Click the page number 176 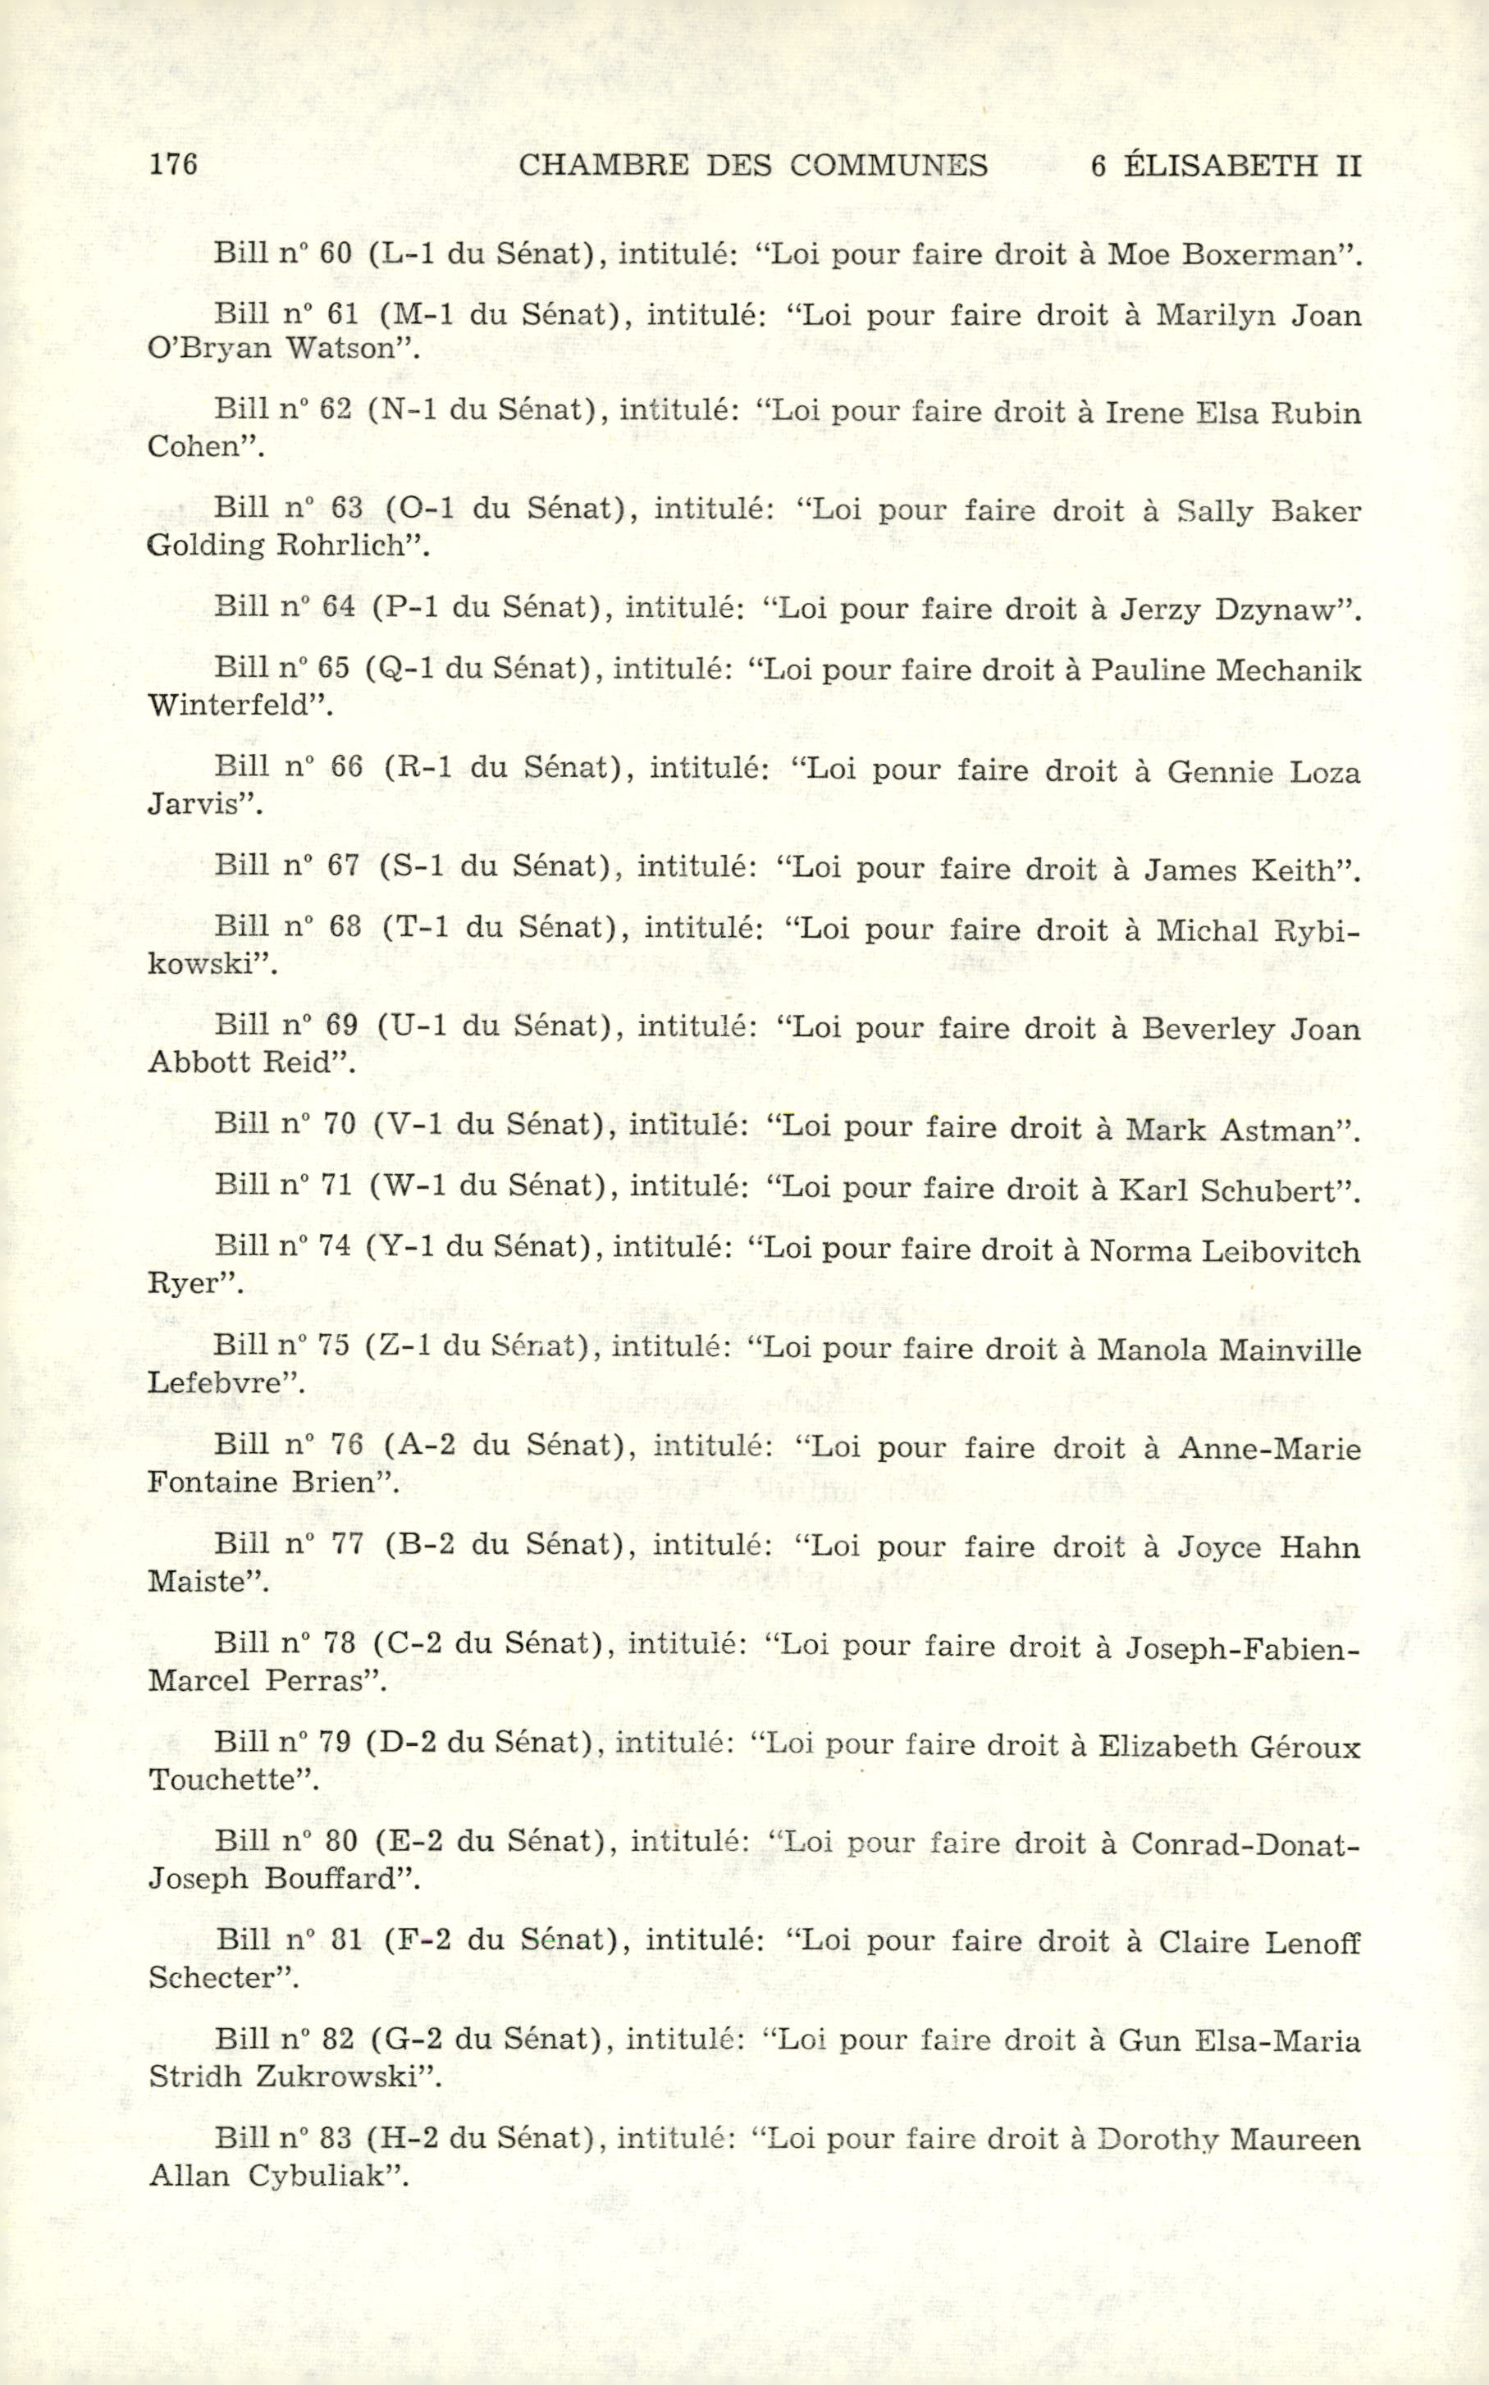tap(173, 163)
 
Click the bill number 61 tap(340, 315)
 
